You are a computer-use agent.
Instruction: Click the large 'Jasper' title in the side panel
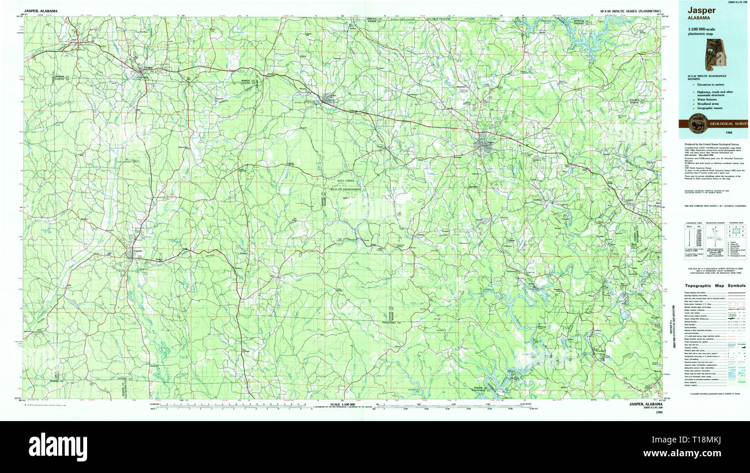pos(702,10)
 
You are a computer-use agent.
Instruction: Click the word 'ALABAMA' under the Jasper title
pos(698,18)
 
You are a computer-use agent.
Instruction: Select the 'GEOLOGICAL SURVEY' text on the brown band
pos(729,124)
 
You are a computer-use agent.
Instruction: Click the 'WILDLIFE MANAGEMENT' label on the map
pos(346,189)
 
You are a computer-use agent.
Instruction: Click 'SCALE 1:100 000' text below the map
pos(345,404)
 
